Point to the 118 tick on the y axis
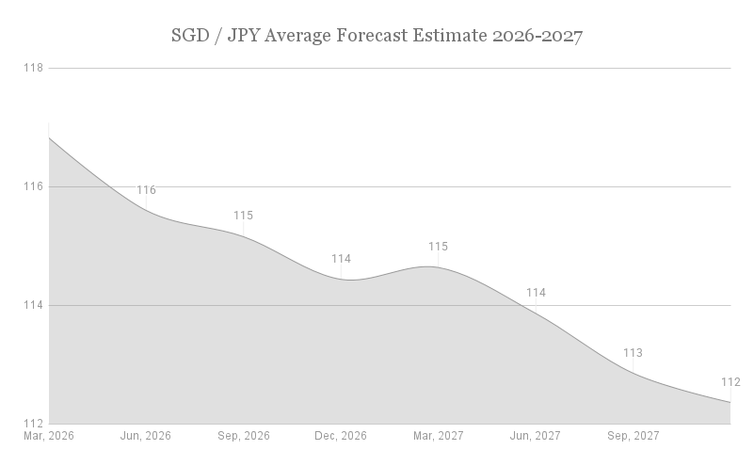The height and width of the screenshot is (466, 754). [x=34, y=68]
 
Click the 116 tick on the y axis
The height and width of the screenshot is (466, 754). [x=34, y=186]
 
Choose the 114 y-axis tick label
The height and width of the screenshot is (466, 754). [x=34, y=305]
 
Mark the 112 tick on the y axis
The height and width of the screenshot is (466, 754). [x=34, y=423]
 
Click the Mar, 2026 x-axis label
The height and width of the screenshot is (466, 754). [x=49, y=437]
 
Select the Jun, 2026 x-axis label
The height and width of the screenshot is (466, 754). [x=146, y=437]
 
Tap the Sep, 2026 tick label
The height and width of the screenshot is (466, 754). [x=244, y=437]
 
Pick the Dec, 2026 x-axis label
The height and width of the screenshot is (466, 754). [x=341, y=437]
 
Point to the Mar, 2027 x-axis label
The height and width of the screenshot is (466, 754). [x=438, y=437]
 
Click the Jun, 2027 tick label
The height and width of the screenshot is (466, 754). [x=536, y=437]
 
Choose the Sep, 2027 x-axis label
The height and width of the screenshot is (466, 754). [x=633, y=437]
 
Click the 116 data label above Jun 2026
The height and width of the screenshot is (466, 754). [x=146, y=190]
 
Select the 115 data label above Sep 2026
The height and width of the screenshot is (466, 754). [x=243, y=216]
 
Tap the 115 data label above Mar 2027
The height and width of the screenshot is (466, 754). [x=438, y=247]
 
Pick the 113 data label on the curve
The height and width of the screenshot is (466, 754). [x=633, y=353]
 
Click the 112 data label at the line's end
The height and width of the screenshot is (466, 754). [x=730, y=382]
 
